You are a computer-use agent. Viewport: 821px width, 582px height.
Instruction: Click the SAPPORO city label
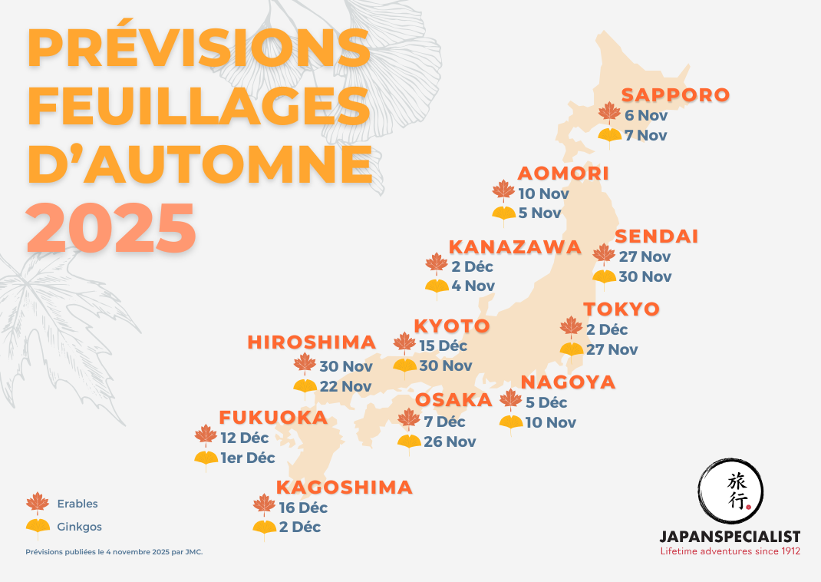tap(675, 95)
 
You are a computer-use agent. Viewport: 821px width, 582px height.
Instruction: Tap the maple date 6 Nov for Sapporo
tap(646, 116)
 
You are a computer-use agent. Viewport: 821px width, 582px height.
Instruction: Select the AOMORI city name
tap(563, 174)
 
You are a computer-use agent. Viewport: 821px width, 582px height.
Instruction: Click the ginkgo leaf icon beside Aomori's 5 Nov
tap(503, 215)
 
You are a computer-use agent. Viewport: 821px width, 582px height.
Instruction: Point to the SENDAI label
tap(657, 236)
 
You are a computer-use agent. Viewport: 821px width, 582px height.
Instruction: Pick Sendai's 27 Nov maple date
tap(645, 256)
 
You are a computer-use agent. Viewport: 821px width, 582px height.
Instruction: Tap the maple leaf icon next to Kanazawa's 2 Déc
tap(437, 265)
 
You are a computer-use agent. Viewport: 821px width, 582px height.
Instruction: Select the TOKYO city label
tap(622, 309)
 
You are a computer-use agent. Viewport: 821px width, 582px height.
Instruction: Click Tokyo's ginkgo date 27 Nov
tap(612, 350)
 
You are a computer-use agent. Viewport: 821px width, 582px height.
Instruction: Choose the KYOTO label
tap(452, 326)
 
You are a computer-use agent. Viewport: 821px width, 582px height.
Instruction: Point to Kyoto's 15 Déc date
tap(443, 346)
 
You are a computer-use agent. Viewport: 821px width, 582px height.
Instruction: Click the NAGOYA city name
tap(568, 382)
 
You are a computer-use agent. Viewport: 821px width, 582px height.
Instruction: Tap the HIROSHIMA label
tap(312, 342)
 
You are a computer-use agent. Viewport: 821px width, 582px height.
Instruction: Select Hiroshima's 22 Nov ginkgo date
tap(345, 386)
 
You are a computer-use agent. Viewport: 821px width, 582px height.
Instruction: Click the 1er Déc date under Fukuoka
tap(248, 458)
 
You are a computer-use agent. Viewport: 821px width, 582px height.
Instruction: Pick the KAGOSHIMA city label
tap(344, 488)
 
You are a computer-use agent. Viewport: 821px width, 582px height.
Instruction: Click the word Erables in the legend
tap(77, 504)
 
